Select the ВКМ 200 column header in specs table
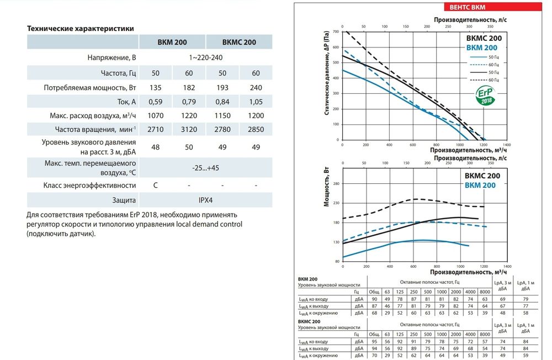click(x=173, y=43)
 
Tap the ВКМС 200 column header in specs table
click(x=239, y=43)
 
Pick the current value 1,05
click(x=256, y=102)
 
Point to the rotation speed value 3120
click(x=189, y=130)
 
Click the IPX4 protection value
click(x=206, y=200)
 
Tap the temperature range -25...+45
click(x=206, y=167)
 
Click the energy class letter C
click(x=156, y=185)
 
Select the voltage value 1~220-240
click(x=206, y=57)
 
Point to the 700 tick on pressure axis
click(x=335, y=32)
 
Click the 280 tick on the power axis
click(x=335, y=184)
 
